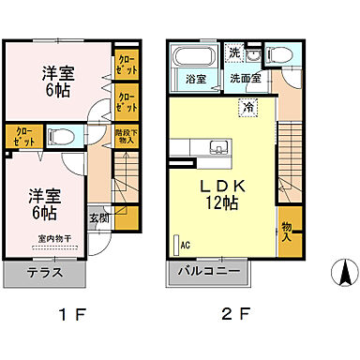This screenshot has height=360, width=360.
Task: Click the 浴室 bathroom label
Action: [194, 80]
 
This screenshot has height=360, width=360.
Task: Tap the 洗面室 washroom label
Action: [248, 80]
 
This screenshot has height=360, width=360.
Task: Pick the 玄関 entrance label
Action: [97, 218]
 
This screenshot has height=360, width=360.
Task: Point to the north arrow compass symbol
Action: [344, 273]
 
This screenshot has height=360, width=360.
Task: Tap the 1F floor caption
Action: [71, 315]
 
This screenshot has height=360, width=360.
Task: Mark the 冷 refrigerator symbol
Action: [248, 109]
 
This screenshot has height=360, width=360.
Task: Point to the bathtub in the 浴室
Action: [193, 56]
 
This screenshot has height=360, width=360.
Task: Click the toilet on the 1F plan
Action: [58, 137]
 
